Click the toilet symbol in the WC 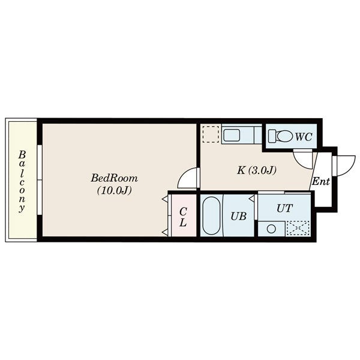[x=281, y=136]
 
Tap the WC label [x=304, y=137]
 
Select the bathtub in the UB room [x=211, y=215]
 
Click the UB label [x=239, y=216]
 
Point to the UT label [x=284, y=208]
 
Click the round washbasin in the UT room [x=271, y=229]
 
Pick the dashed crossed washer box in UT [x=298, y=228]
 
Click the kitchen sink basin [x=232, y=135]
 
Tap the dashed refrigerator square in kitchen [x=211, y=134]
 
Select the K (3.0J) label [x=256, y=170]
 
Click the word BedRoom [x=115, y=178]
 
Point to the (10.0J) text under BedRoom [x=115, y=190]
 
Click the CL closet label [x=183, y=217]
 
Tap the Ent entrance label [x=321, y=181]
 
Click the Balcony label [x=22, y=181]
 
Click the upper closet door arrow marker [x=164, y=199]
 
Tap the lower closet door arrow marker [x=164, y=233]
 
